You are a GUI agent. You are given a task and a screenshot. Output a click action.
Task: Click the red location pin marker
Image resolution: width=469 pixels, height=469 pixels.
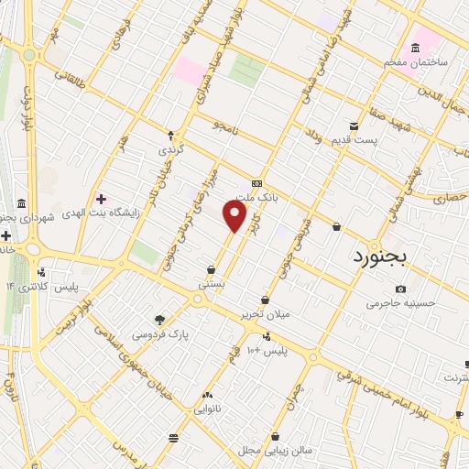[x=236, y=216]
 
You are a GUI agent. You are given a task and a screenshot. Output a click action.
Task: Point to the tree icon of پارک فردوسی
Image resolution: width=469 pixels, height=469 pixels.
[x=160, y=320]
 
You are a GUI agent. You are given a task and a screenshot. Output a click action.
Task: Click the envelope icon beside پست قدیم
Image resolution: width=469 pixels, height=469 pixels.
[x=354, y=126]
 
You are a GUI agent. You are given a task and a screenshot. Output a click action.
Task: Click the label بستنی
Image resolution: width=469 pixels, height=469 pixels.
[x=212, y=285]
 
